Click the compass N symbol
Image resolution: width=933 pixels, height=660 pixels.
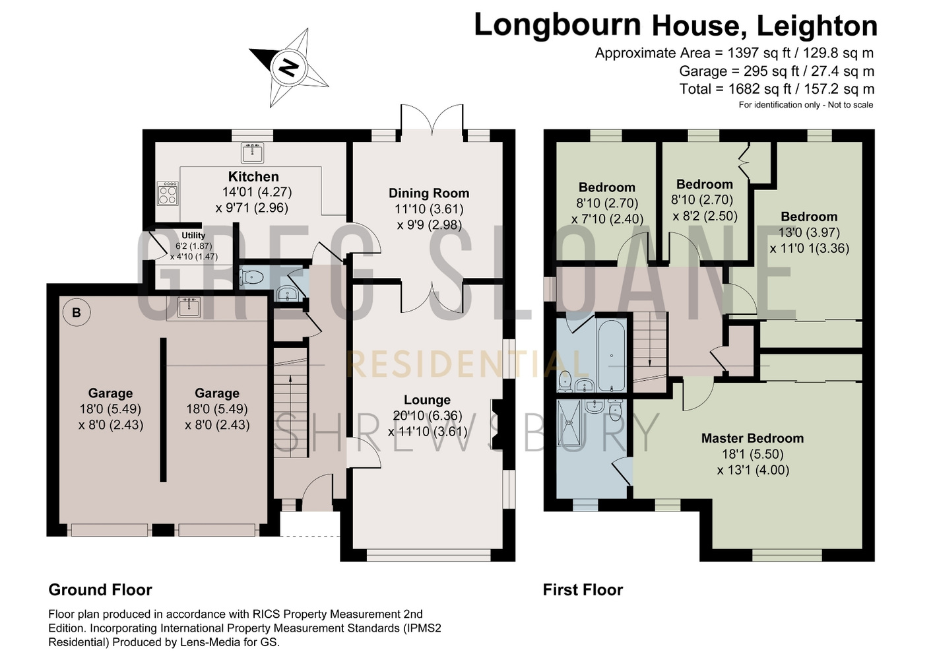289,67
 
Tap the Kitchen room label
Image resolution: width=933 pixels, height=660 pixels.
253,177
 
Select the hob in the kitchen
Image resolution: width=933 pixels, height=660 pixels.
168,193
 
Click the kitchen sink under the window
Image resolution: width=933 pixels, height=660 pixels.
253,153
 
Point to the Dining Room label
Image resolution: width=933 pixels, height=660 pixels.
429,193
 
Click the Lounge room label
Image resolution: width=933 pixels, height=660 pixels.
428,400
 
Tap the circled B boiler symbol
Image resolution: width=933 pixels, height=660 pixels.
77,312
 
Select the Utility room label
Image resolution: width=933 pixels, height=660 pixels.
193,236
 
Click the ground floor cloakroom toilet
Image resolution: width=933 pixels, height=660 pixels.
251,277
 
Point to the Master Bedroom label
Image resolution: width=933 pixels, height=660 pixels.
753,438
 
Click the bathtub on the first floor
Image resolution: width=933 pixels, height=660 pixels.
612,355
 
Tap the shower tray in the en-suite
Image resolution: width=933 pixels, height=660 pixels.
569,423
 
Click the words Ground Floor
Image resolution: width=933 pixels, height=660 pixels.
100,590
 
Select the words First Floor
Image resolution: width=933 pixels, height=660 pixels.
583,590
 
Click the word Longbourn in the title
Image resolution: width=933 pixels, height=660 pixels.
558,25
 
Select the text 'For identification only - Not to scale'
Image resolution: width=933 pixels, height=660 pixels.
806,105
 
